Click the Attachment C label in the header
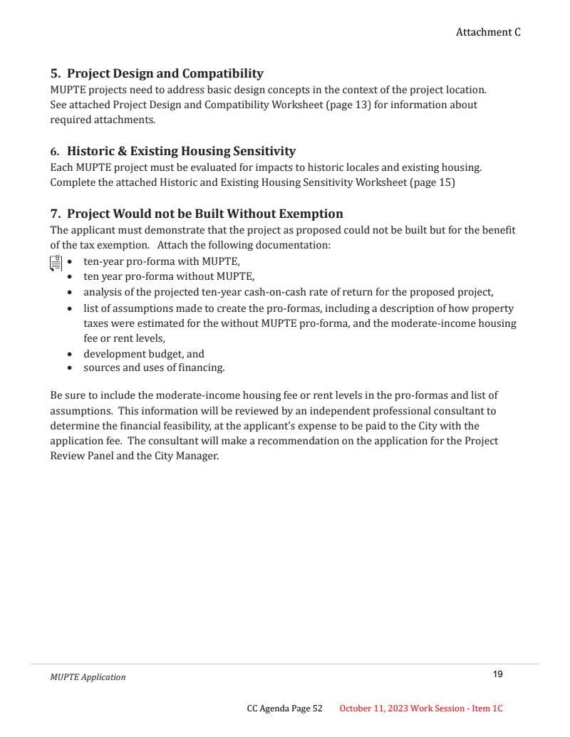(488, 32)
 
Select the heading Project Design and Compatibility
(165, 73)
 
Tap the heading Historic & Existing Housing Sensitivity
(181, 151)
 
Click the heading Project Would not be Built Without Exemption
(204, 214)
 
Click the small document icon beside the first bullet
(56, 262)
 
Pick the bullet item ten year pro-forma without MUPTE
(169, 276)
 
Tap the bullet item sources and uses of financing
(154, 368)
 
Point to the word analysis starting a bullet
(102, 292)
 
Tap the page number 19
(497, 674)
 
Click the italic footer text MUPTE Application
(88, 677)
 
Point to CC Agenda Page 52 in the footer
(284, 709)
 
